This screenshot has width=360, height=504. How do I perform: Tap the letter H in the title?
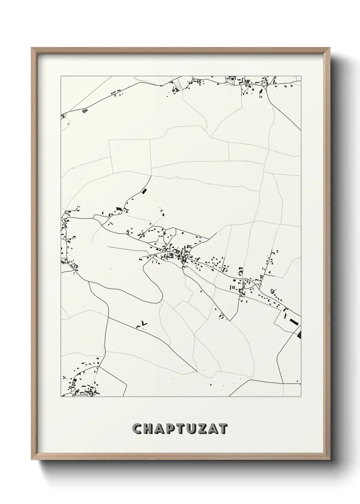[x=149, y=429]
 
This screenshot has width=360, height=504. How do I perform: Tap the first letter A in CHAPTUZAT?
[x=161, y=429]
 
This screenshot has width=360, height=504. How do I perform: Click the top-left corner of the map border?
[x=61, y=76]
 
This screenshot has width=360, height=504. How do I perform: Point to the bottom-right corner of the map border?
[x=301, y=397]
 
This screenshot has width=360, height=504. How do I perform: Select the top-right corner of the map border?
[x=301, y=76]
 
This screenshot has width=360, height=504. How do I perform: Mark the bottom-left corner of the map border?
[x=61, y=397]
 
